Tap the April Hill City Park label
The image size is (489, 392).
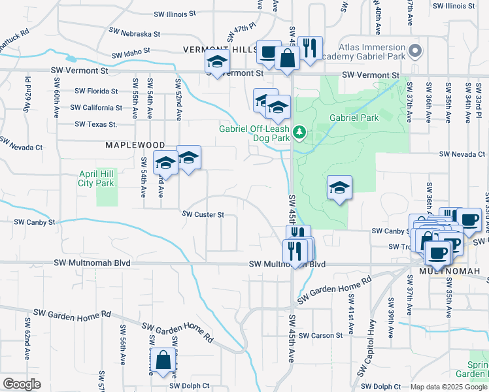(x=96, y=178)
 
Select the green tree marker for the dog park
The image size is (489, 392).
(x=299, y=133)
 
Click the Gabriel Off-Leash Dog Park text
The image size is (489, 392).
(x=254, y=133)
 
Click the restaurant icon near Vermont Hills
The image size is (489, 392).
(x=309, y=48)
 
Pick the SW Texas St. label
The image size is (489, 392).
(x=95, y=123)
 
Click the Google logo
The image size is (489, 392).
(x=22, y=384)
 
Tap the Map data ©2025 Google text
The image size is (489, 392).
(x=448, y=387)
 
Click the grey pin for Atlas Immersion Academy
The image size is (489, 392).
(x=414, y=50)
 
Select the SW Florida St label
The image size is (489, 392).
(x=96, y=91)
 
